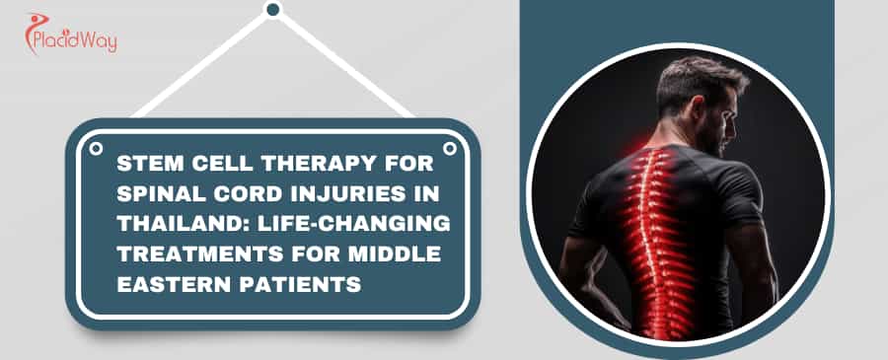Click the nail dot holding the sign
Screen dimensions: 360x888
[x=273, y=10]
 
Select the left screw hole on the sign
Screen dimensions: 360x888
[x=96, y=148]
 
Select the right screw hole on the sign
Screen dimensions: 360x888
[x=450, y=148]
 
